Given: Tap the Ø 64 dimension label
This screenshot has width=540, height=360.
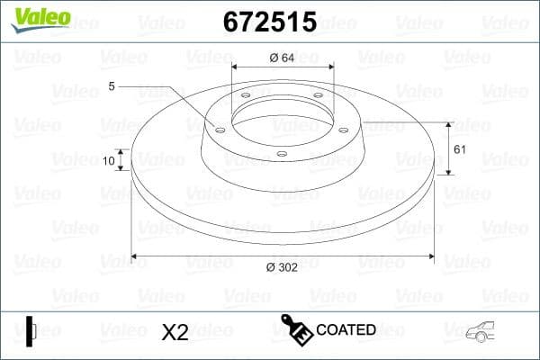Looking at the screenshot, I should coord(283,58).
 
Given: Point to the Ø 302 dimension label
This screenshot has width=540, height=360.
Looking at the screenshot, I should coord(283,267).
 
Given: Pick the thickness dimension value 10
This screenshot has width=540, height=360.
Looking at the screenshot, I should coord(110,161).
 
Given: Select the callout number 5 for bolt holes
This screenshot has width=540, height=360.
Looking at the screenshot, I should coord(112,86).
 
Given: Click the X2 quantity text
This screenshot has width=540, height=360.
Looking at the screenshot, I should coord(174,332).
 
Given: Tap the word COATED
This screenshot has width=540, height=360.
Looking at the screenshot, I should coord(346,330).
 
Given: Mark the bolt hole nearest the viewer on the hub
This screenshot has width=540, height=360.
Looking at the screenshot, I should coord(282,154).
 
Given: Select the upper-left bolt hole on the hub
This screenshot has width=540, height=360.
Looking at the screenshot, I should coord(246,97).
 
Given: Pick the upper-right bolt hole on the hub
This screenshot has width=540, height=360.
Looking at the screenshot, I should coord(319,97).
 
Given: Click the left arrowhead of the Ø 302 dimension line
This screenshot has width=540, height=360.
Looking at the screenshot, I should coord(136,256).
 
